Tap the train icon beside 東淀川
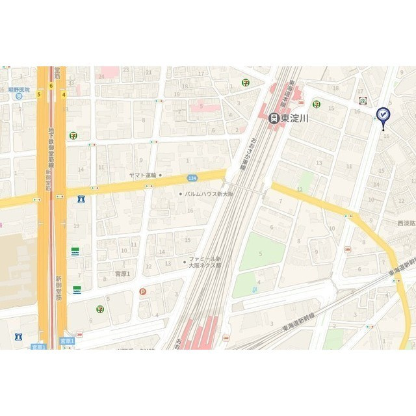point(274,118)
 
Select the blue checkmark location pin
point(383,116)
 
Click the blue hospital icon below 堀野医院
point(18,96)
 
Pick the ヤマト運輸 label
point(143,175)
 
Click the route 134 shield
point(192,177)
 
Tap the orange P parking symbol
point(142,292)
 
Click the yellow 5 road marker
point(39,94)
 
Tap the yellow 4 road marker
point(64,94)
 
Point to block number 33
point(71,83)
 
